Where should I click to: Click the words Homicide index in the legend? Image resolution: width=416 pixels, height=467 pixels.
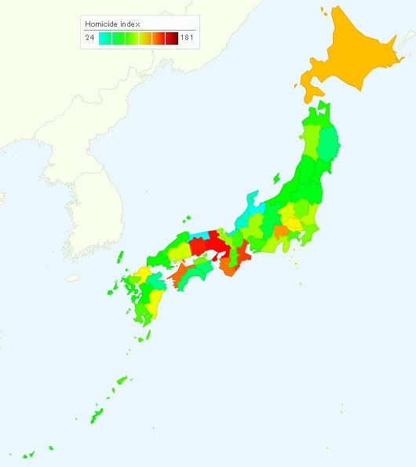pos(111,24)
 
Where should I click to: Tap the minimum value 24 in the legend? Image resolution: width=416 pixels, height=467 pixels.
pos(90,37)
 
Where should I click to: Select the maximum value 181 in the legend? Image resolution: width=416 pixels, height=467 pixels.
pos(186,37)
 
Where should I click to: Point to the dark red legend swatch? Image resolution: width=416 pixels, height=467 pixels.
pos(171,37)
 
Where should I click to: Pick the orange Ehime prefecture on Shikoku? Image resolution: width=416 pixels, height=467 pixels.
pos(177,277)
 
